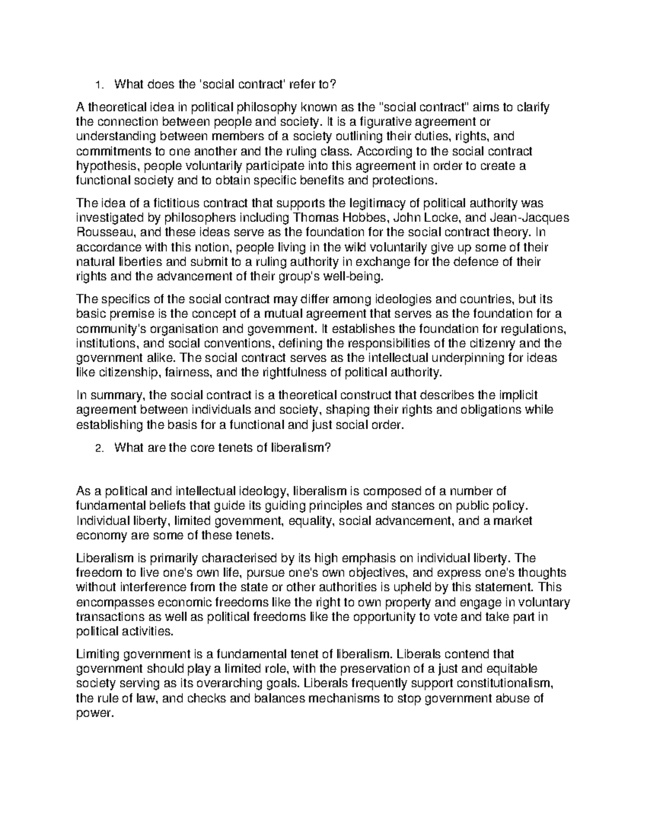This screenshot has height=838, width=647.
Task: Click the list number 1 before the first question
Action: click(x=97, y=85)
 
